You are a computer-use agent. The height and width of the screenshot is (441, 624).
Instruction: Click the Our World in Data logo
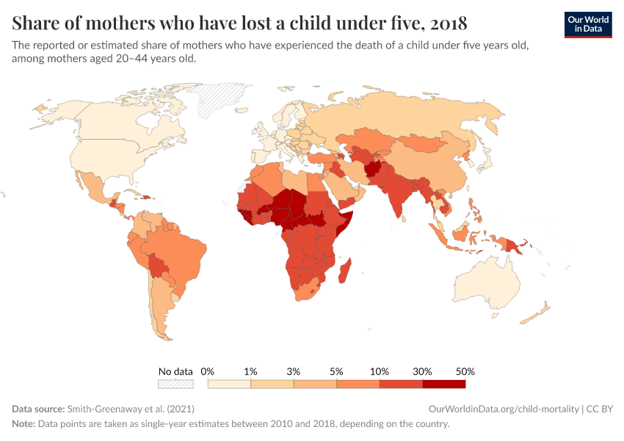click(588, 24)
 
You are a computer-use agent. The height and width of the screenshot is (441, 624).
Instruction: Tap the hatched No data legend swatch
click(175, 383)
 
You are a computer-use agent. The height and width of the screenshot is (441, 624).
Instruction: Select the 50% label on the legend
click(465, 371)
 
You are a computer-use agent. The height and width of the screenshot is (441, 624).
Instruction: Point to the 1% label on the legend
click(250, 371)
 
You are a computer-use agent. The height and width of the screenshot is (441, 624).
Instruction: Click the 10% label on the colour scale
click(380, 371)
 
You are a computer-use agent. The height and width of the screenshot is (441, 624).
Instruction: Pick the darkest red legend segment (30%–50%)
click(443, 383)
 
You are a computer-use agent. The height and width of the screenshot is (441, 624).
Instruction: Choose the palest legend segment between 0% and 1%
click(229, 383)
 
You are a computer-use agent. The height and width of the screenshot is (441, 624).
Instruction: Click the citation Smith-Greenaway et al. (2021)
click(130, 408)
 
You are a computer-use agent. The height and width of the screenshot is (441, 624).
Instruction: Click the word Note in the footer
click(24, 424)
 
